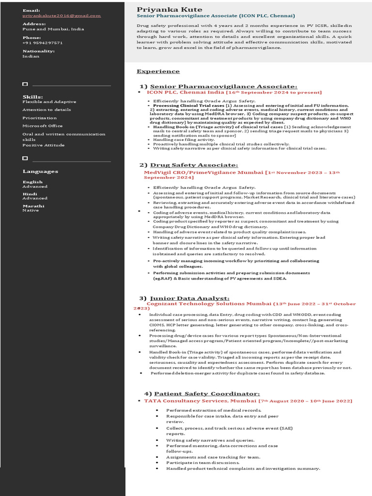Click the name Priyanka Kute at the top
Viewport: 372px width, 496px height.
tap(163, 10)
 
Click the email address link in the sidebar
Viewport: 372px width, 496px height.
tap(62, 15)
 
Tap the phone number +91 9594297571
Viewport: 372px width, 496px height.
tap(43, 43)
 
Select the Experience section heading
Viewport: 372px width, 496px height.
tap(158, 71)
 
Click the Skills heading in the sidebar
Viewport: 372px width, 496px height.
tap(32, 97)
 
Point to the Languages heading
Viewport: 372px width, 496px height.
tap(40, 171)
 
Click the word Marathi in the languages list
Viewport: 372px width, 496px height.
tap(33, 206)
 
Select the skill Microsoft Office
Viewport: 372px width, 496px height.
tap(43, 126)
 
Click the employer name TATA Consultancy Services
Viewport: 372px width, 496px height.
tap(200, 401)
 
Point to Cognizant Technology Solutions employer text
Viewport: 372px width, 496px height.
tap(209, 304)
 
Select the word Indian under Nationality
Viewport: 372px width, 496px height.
tap(31, 56)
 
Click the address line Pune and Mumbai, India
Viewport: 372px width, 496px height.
tap(53, 29)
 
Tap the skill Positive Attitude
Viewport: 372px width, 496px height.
tap(44, 145)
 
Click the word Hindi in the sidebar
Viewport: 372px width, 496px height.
tap(30, 194)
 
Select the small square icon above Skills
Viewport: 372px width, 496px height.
tap(25, 84)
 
